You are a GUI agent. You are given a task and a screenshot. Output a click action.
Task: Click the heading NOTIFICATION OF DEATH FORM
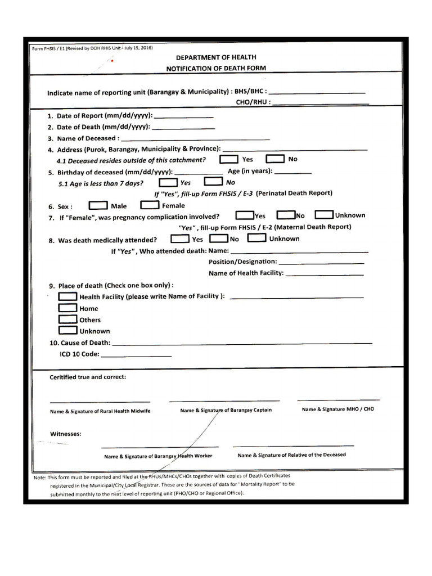coord(216,68)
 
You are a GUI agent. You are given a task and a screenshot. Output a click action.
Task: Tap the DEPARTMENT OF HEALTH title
coord(216,57)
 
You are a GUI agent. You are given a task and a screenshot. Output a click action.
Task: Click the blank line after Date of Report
coord(183,116)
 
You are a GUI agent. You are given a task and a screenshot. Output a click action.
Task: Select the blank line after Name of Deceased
coord(195,138)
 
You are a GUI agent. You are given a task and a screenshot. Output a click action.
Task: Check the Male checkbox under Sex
coord(98,205)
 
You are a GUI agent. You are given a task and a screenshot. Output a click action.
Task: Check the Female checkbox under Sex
coord(149,205)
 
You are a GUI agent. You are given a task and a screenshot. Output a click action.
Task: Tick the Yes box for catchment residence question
coord(229,159)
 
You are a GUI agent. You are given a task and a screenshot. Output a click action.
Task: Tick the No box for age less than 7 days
coord(213,182)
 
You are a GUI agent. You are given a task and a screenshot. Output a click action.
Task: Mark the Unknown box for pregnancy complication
coord(324,215)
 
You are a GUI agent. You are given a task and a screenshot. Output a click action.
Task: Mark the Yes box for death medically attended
coord(179,238)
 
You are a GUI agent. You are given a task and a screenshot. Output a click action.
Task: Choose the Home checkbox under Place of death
coord(67,308)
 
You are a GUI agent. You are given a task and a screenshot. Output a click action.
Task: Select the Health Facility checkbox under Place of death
coord(67,296)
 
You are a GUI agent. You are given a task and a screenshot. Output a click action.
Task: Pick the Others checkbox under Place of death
coord(67,319)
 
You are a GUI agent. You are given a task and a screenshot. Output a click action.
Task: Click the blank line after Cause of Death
coord(242,343)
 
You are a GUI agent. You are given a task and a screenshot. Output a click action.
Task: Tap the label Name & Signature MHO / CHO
coord(337,409)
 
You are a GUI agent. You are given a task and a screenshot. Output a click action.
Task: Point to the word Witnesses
coord(66,434)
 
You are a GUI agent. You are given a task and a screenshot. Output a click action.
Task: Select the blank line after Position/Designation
coord(321,263)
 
